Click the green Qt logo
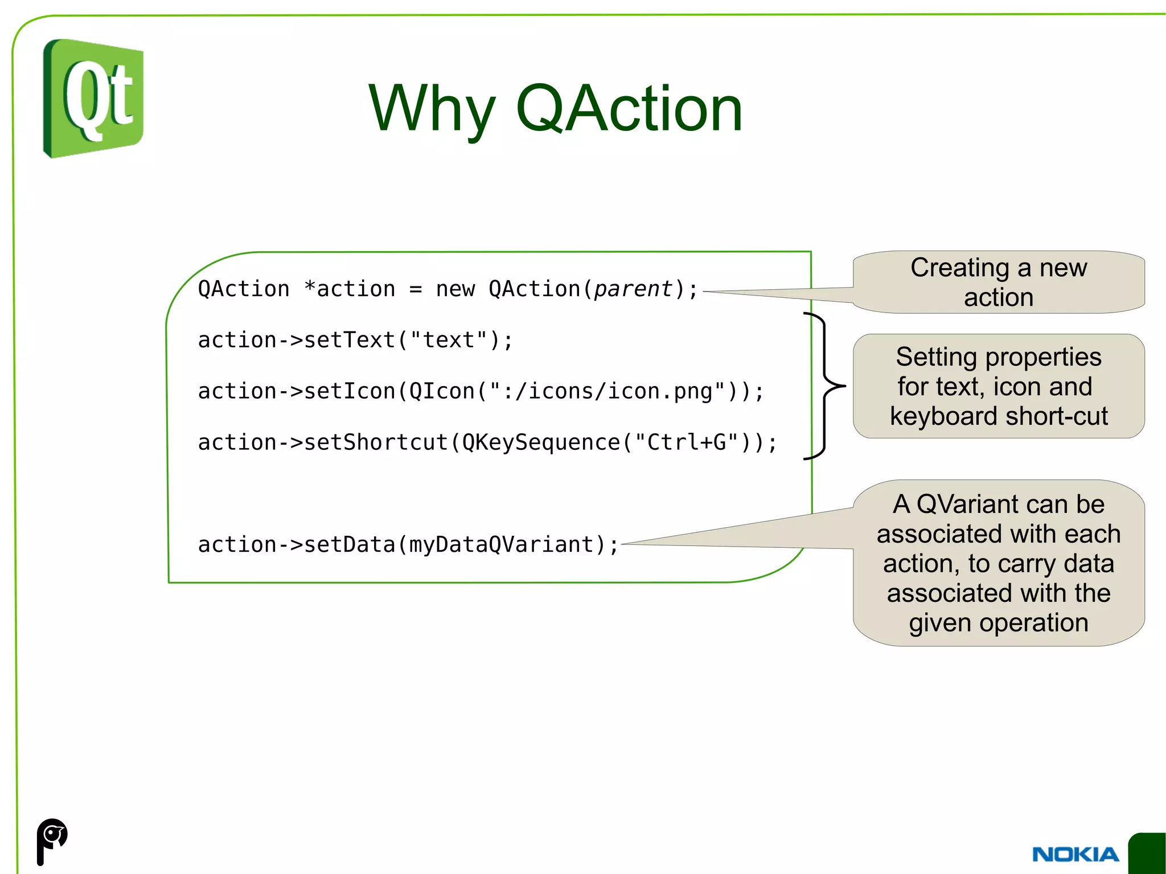coord(93,98)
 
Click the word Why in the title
coord(431,108)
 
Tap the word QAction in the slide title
coord(629,108)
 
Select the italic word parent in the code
coord(633,289)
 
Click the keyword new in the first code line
coord(455,289)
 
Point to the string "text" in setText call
coord(449,340)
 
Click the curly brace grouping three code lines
coord(825,386)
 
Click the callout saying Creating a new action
coord(998,282)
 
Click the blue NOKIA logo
coord(1075,854)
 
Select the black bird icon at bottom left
coord(52,840)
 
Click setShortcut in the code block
coord(376,442)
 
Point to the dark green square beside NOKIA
coord(1148,853)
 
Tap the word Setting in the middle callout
coord(935,357)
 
